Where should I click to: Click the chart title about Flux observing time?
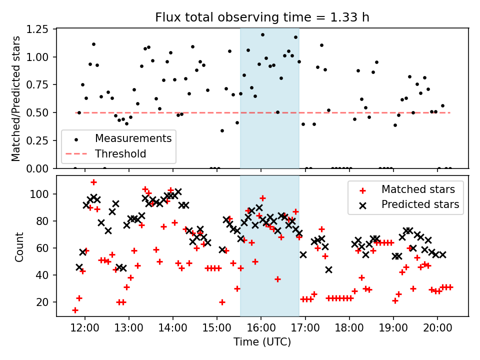coord(262,17)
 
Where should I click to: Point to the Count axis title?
coord(19,246)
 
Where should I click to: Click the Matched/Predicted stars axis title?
coord(16,98)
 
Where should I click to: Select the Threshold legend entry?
coord(120,153)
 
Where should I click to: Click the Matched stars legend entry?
coord(418,189)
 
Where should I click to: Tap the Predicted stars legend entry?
coord(420,204)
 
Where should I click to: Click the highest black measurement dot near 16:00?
coord(262,34)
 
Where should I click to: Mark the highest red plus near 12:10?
coord(93,182)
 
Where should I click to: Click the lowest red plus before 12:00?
coord(75,310)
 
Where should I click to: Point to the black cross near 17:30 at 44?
coord(328,269)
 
